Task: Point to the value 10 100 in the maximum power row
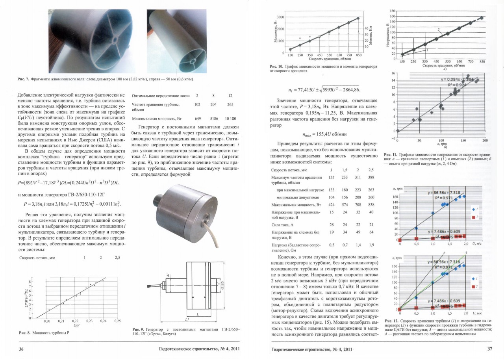230,119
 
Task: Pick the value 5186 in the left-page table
213,119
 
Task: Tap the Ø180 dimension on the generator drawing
222,285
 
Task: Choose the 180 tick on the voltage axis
393,11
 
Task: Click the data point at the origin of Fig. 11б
398,131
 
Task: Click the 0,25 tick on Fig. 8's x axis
117,321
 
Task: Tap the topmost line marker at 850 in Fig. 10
358,18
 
